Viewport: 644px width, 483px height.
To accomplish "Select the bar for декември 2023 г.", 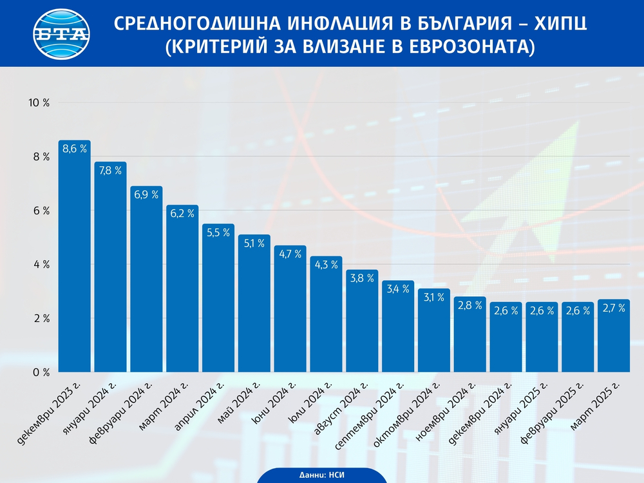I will [74, 258].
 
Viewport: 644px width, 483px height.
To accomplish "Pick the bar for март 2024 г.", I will [182, 290].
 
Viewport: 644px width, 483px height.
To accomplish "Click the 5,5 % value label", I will [218, 232].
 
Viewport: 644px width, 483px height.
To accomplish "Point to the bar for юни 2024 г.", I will [290, 309].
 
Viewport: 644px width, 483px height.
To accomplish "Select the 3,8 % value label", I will [362, 278].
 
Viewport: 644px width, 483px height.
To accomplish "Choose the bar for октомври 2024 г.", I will [434, 332].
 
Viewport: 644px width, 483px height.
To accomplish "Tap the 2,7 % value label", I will [614, 308].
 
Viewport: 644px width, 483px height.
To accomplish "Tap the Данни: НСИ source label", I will [321, 475].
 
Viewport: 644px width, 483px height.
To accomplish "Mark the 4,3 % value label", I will [326, 265].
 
